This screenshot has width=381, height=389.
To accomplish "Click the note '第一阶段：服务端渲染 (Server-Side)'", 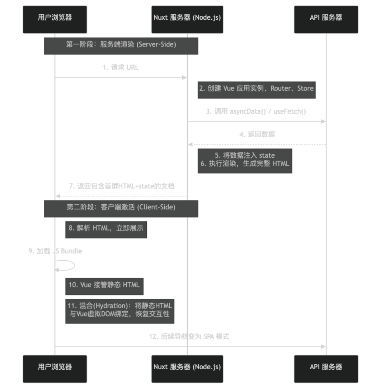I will tap(121, 45).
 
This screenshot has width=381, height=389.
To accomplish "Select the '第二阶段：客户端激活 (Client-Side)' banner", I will tap(121, 208).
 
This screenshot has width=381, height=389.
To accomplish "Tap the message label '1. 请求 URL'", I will tap(121, 67).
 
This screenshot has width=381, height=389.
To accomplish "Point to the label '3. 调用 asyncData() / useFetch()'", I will tap(256, 112).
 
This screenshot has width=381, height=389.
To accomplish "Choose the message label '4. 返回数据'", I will tap(257, 134).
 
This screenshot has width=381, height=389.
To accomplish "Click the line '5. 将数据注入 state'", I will tap(245, 156).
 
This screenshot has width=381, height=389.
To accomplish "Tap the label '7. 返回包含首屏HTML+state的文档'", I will tap(122, 186).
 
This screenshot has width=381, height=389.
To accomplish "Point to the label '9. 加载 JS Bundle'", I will tap(55, 251).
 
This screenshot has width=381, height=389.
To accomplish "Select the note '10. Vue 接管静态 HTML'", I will tap(104, 285).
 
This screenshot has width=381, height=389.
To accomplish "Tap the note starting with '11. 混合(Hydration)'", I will tap(120, 310).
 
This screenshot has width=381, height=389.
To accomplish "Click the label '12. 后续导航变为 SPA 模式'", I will tap(189, 336).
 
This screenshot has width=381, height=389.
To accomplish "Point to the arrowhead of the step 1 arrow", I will tap(185, 77).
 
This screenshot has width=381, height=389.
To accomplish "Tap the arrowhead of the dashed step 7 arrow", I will tap(58, 196).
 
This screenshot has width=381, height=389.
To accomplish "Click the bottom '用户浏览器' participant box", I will tap(55, 367).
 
